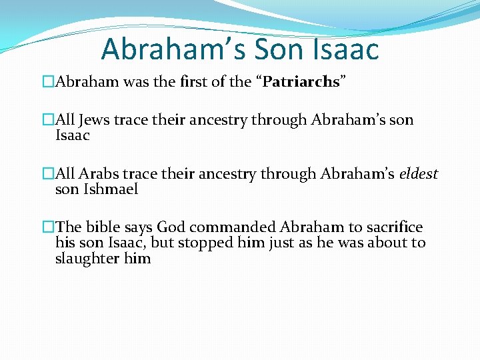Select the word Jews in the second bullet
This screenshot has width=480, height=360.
pyautogui.click(x=95, y=121)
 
